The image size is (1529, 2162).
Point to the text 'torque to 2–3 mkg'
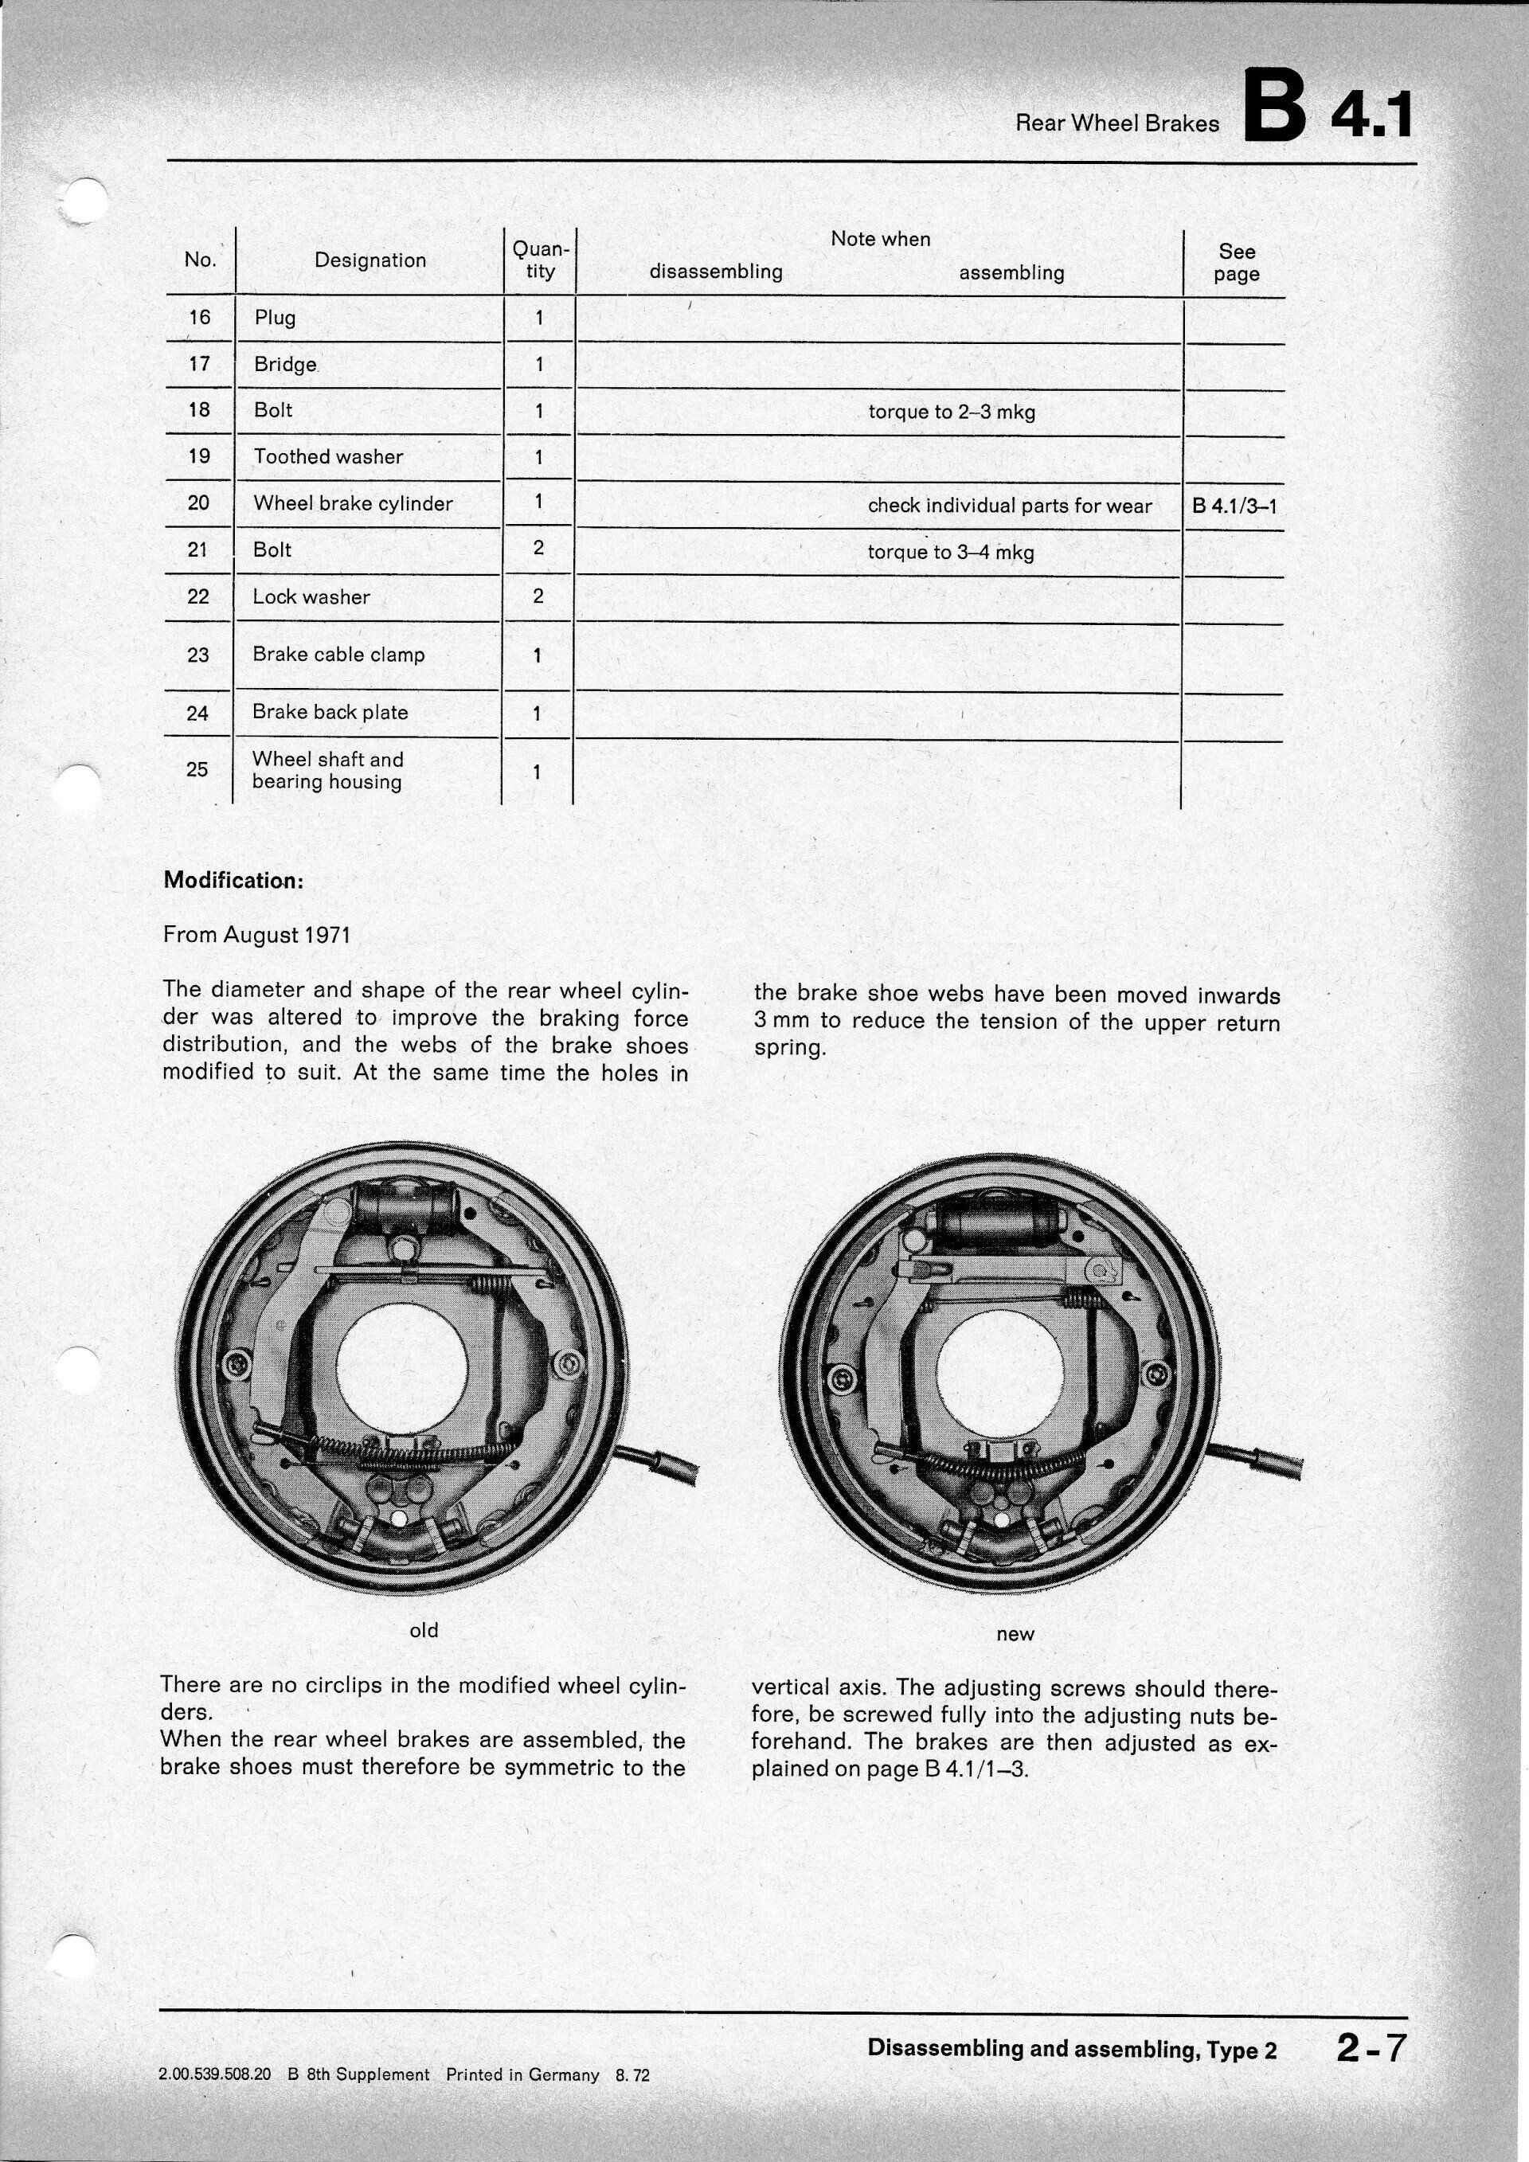click(x=951, y=412)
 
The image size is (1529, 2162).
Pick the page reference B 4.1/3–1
click(x=1234, y=506)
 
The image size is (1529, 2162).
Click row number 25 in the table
click(x=197, y=769)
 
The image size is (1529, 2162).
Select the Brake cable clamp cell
click(x=338, y=655)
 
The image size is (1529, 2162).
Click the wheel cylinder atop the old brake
click(x=401, y=1206)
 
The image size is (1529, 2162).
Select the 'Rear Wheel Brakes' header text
click(x=1116, y=123)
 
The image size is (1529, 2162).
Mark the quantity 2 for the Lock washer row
click(x=538, y=596)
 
